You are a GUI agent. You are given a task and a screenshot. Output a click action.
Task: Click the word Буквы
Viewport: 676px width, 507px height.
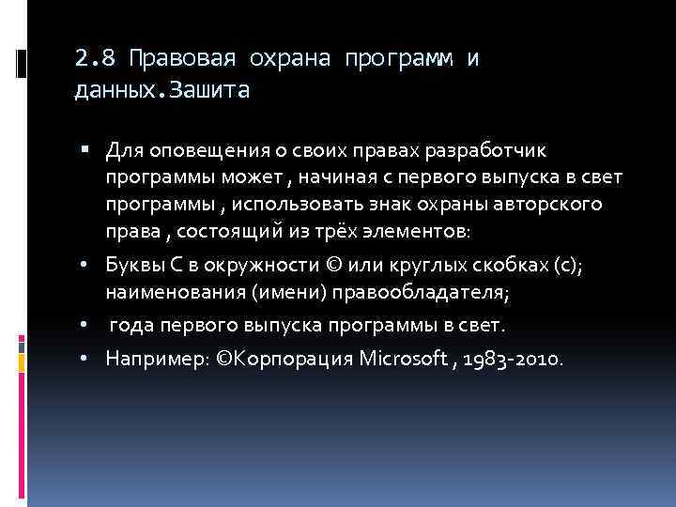coord(132,266)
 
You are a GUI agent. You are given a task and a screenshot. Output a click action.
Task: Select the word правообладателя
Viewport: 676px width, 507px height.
coord(427,293)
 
